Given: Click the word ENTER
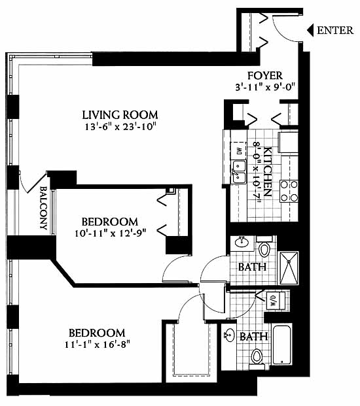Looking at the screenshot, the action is pos(335,30).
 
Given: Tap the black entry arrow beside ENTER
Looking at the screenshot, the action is pos(310,30).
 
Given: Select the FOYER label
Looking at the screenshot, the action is pos(265,76).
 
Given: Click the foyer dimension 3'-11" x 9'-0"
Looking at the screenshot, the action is pos(265,87).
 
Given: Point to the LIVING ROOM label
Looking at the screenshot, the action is pos(120,115).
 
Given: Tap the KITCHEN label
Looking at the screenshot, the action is pos(268,172).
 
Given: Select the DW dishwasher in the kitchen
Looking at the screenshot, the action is pos(238,150).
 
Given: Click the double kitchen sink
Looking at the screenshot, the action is pos(239,171).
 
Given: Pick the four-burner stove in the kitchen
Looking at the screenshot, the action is pos(289,192).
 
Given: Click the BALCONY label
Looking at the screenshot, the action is pos(43,208).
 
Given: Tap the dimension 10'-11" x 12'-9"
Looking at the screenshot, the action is pos(111,233).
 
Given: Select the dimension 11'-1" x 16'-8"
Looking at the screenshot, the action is pos(97,345).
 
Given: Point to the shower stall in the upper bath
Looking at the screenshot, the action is pos(288,268).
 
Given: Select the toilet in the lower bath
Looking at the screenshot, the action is pos(257,360).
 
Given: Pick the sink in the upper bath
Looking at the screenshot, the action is pos(242,243).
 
